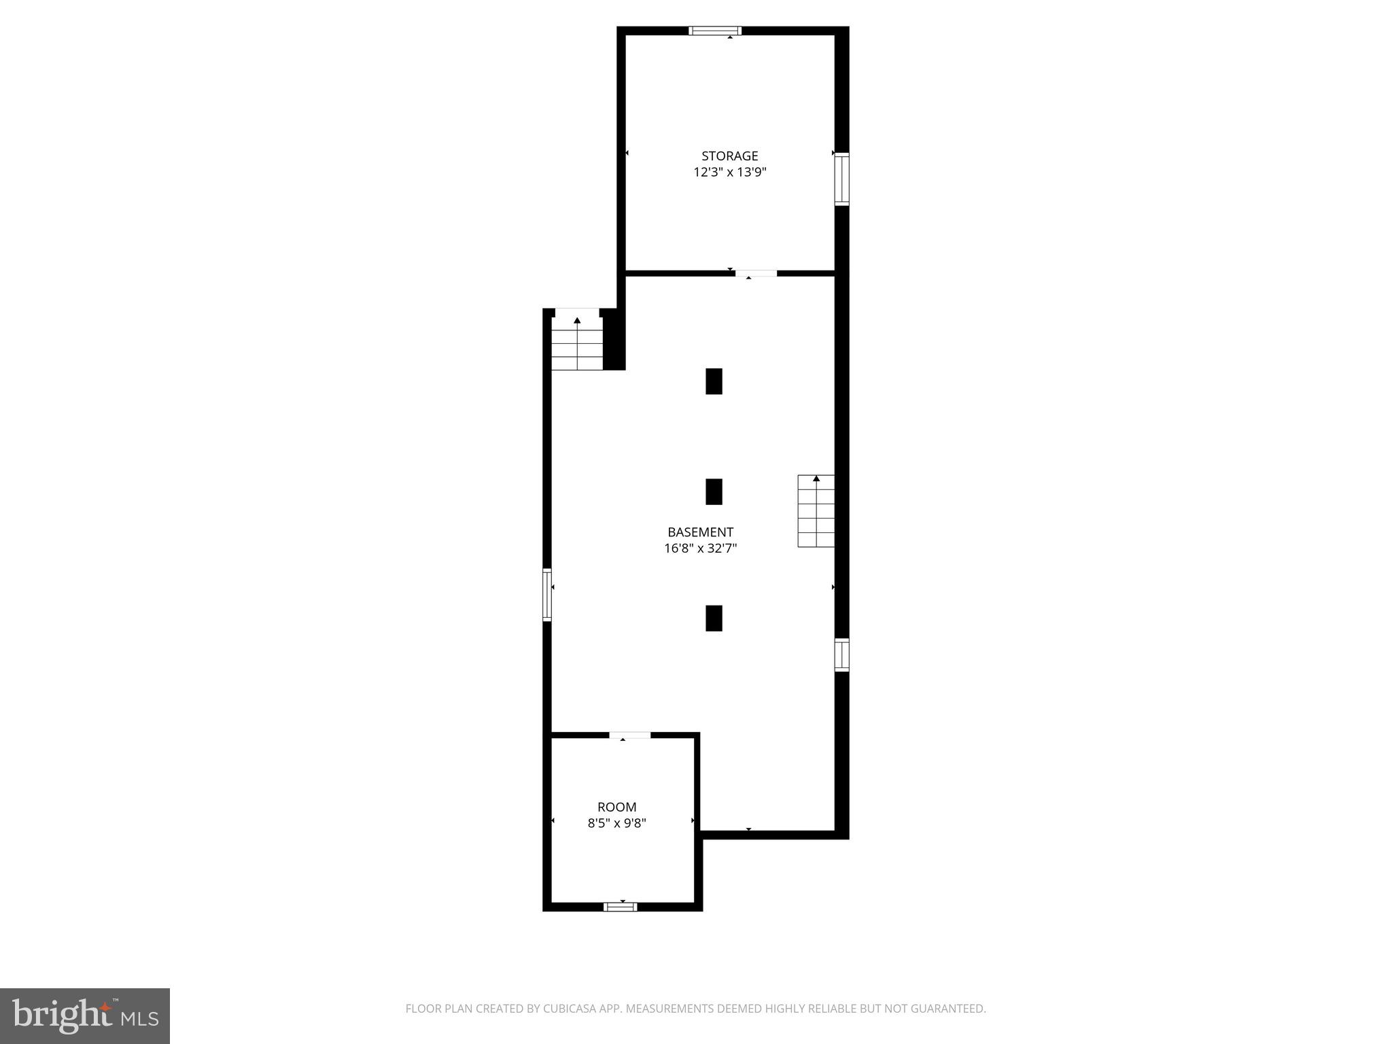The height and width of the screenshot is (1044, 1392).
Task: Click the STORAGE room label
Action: tap(729, 156)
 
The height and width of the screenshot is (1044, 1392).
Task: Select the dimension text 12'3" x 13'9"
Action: tap(729, 173)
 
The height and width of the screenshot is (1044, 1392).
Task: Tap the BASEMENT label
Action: tap(700, 532)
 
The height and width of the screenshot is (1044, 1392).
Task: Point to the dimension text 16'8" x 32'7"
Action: tap(700, 549)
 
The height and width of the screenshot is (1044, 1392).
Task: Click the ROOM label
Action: tap(616, 807)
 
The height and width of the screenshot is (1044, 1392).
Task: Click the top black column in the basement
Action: tap(714, 381)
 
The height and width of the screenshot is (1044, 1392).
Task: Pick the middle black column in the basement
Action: tap(714, 491)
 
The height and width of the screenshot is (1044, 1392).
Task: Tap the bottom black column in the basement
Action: tap(714, 618)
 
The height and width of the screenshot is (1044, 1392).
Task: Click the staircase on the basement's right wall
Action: tap(816, 511)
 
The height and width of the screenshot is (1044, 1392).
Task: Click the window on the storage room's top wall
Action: tap(715, 31)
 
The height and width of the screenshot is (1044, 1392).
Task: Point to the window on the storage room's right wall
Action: tap(841, 179)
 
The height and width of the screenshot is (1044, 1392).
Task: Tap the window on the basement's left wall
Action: tap(547, 595)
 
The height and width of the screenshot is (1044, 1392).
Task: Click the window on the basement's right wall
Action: tap(841, 655)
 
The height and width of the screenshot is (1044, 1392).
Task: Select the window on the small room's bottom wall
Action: tap(620, 906)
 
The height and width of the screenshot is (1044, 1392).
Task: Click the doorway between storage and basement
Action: tap(756, 273)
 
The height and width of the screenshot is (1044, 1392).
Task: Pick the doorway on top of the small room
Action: tap(629, 735)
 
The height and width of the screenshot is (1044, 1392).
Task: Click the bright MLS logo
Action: tap(85, 1015)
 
